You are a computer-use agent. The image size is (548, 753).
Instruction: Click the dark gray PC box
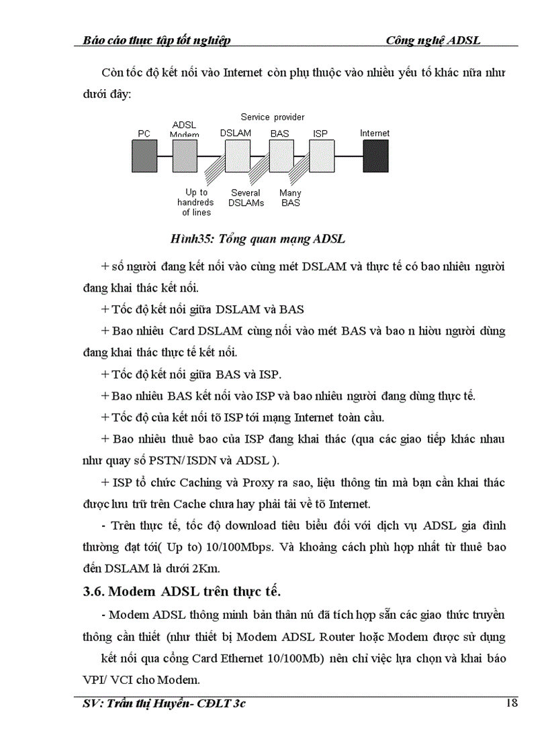click(144, 156)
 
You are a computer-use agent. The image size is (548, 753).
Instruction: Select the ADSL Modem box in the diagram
click(185, 156)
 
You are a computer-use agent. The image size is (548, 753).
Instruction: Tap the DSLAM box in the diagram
click(237, 156)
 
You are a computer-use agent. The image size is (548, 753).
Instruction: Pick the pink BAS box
click(281, 156)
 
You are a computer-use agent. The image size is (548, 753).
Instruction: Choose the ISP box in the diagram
click(321, 156)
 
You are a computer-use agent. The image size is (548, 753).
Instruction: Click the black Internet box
click(375, 156)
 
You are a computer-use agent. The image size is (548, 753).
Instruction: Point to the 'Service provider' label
click(273, 117)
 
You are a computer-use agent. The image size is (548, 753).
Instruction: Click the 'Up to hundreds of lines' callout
click(195, 202)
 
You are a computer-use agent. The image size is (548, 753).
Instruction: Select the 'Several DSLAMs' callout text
click(246, 198)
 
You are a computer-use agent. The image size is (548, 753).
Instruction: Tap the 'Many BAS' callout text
click(291, 198)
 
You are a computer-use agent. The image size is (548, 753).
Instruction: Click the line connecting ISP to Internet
click(348, 156)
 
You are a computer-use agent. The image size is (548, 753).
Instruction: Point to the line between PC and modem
click(165, 156)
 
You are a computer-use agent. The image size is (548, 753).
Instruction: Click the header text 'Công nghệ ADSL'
click(433, 40)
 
